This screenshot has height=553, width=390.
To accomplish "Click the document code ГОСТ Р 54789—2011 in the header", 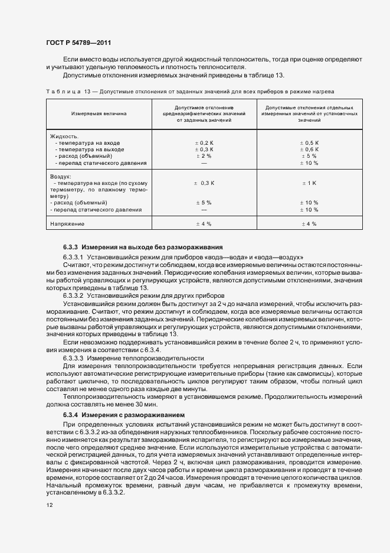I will click(x=78, y=43).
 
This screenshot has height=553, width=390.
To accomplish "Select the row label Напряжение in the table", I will click(x=68, y=224).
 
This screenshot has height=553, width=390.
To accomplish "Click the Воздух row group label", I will click(x=61, y=177).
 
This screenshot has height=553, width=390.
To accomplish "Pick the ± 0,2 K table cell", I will click(x=204, y=143).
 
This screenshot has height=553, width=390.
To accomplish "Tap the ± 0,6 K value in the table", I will click(x=309, y=149).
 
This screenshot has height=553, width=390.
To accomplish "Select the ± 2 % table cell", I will click(x=204, y=156).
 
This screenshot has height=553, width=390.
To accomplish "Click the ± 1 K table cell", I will click(x=309, y=183).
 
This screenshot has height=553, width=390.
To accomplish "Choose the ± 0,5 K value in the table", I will click(x=309, y=143).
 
